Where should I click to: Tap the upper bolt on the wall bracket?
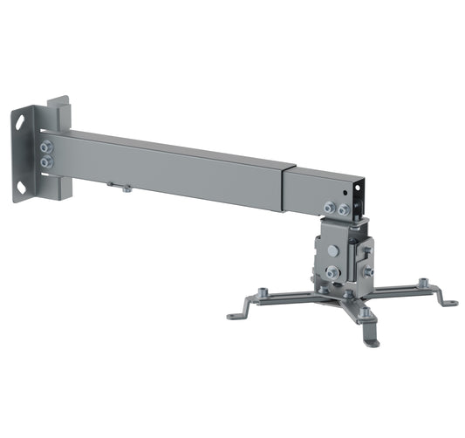coord(47,147)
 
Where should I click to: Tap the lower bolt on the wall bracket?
coord(47,162)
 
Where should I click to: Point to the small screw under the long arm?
coord(127,188)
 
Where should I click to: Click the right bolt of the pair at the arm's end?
coord(344,209)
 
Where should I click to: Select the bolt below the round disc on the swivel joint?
coord(332,272)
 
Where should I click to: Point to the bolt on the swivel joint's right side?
coord(367,272)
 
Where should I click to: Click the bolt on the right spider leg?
coord(424,283)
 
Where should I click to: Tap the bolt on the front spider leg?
coord(366,311)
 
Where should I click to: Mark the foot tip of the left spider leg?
coord(233,316)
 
